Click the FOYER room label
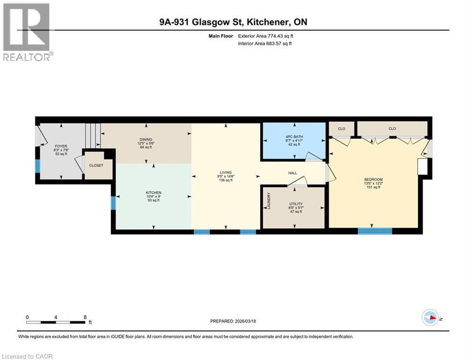tap(61, 146)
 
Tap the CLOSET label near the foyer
tap(96, 165)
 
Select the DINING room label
tap(145, 139)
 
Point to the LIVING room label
tap(226, 172)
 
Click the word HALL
tap(293, 173)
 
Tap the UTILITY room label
tap(296, 204)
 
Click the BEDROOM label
tap(373, 180)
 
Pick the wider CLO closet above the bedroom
tap(392, 128)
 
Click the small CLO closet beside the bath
tap(341, 128)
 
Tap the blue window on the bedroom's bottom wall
tap(375, 231)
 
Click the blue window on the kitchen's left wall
tap(113, 203)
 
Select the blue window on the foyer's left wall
tap(37, 166)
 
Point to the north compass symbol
tap(430, 317)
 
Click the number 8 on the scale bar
tap(85, 317)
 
